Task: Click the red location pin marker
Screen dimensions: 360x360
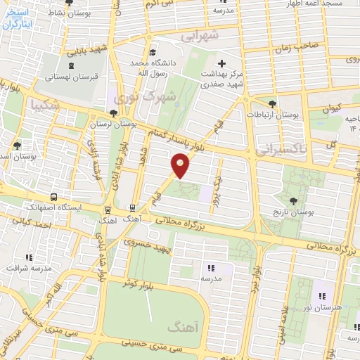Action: coord(181,165)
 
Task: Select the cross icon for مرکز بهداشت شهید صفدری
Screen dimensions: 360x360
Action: coord(222,63)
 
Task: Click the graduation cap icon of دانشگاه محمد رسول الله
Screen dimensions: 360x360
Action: coord(153,52)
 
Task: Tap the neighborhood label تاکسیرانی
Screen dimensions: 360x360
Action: coord(281,149)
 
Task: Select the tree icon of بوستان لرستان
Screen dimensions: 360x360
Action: coord(113,113)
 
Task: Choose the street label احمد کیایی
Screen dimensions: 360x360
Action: coord(27,221)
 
